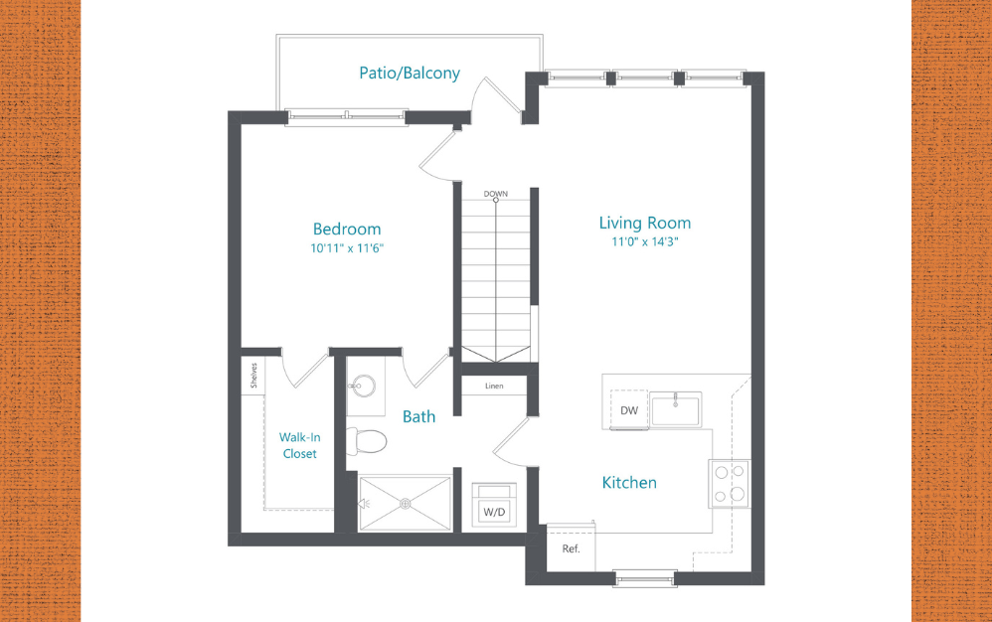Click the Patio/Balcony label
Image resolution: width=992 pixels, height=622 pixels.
pos(410,73)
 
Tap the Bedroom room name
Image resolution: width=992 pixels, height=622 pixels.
pos(347,229)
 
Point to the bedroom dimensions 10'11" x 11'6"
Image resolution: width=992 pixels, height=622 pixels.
pos(347,248)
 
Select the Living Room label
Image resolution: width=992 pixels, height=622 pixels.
pos(644,223)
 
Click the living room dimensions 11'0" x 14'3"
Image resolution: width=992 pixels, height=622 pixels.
pos(644,241)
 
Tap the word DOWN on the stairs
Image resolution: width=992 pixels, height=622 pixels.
pos(496,194)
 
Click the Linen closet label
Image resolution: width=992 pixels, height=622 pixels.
pos(494,386)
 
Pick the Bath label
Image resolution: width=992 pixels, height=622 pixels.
pos(418,416)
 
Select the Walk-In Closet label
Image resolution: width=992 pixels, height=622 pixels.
pos(298,445)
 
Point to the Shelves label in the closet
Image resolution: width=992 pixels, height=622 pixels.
pos(254,377)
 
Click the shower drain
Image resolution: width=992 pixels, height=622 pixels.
pos(406,503)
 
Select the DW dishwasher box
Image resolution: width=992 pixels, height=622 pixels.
pos(628,409)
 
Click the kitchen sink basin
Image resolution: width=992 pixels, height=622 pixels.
pos(676,408)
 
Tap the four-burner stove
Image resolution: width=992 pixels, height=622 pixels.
pos(730,483)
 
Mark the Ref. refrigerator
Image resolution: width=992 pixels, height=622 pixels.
pos(571,548)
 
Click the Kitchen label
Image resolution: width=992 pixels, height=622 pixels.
pos(629,483)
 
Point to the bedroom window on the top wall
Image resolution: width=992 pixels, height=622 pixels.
pos(346,117)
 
